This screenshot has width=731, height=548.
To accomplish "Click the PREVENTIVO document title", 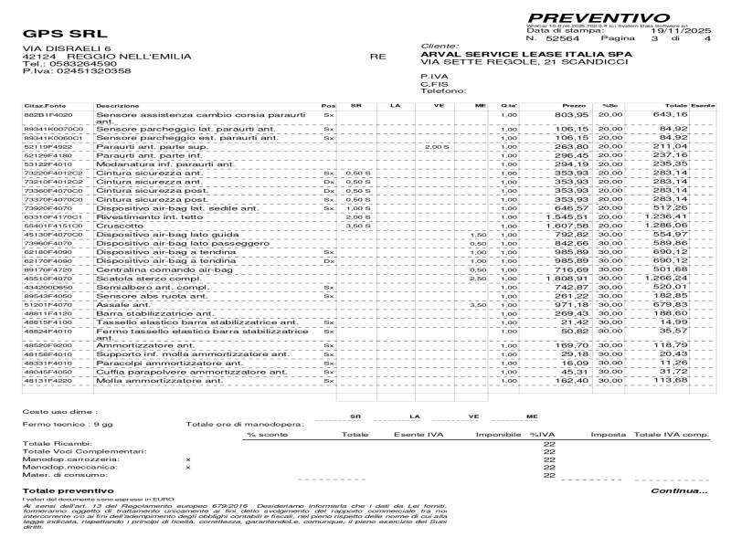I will point(599,17).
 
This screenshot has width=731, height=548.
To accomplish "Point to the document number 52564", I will point(563,39).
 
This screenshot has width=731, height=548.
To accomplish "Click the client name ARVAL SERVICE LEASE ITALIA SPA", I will point(520,54).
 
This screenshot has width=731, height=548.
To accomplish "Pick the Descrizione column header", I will point(117,106).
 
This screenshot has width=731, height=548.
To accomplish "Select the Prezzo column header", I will point(574,106).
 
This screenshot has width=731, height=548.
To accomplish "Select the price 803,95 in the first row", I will point(572,115).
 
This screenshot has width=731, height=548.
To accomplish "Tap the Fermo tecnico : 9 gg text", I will point(55,425).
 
